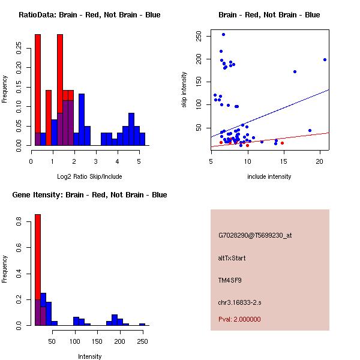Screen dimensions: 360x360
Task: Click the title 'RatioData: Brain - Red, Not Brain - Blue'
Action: coord(89,15)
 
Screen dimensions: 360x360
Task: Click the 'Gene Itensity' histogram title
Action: coord(89,195)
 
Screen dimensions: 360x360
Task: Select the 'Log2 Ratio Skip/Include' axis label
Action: coord(89,176)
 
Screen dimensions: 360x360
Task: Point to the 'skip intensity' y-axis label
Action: coord(184,90)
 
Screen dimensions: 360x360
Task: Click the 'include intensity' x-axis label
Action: coord(269,176)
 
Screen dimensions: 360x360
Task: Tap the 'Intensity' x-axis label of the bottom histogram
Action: coord(89,356)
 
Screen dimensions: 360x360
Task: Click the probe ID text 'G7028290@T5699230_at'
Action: coord(255,236)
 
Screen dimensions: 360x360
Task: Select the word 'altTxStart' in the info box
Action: coord(232,258)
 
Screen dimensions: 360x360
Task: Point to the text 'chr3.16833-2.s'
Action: coord(239,302)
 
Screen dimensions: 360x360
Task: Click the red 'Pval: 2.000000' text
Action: coord(239,320)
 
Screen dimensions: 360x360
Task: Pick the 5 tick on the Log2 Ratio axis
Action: coord(139,161)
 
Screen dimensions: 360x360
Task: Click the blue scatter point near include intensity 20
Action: coord(325,59)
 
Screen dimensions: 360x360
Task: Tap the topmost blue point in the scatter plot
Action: coord(223,34)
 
